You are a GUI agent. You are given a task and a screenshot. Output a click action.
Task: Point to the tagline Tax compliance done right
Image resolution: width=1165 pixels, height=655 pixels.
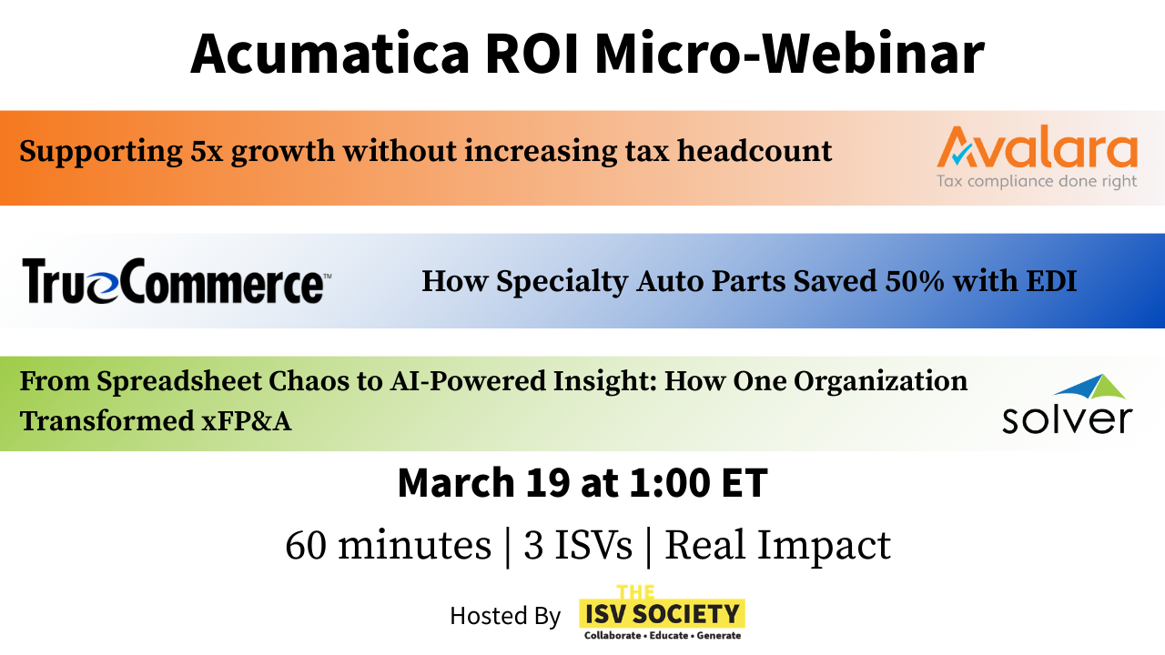tap(1037, 181)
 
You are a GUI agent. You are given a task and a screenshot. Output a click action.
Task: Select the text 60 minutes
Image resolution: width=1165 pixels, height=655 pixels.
tap(388, 545)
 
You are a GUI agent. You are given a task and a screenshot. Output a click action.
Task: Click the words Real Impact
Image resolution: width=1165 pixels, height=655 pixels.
tap(777, 545)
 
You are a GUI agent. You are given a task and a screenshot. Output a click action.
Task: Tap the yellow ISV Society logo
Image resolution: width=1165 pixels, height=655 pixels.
tap(662, 613)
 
